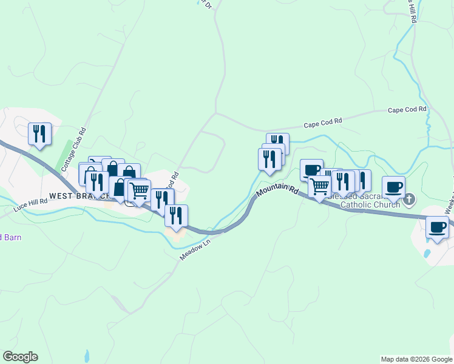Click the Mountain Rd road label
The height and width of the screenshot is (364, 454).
click(277, 190)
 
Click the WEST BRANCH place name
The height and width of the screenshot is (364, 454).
click(78, 196)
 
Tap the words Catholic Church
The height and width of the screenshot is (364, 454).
click(370, 204)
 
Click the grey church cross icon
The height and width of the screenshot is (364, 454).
click(410, 198)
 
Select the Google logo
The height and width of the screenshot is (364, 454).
click(20, 357)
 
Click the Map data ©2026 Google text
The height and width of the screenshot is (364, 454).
click(416, 359)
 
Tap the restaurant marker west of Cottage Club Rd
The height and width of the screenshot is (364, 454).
click(39, 133)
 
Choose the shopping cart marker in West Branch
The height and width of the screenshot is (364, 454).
click(140, 190)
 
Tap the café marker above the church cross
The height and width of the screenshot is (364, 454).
click(393, 186)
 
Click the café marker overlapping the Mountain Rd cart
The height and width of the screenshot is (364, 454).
click(311, 169)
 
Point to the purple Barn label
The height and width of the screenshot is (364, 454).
click(10, 237)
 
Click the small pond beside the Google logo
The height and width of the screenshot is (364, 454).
click(87, 355)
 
